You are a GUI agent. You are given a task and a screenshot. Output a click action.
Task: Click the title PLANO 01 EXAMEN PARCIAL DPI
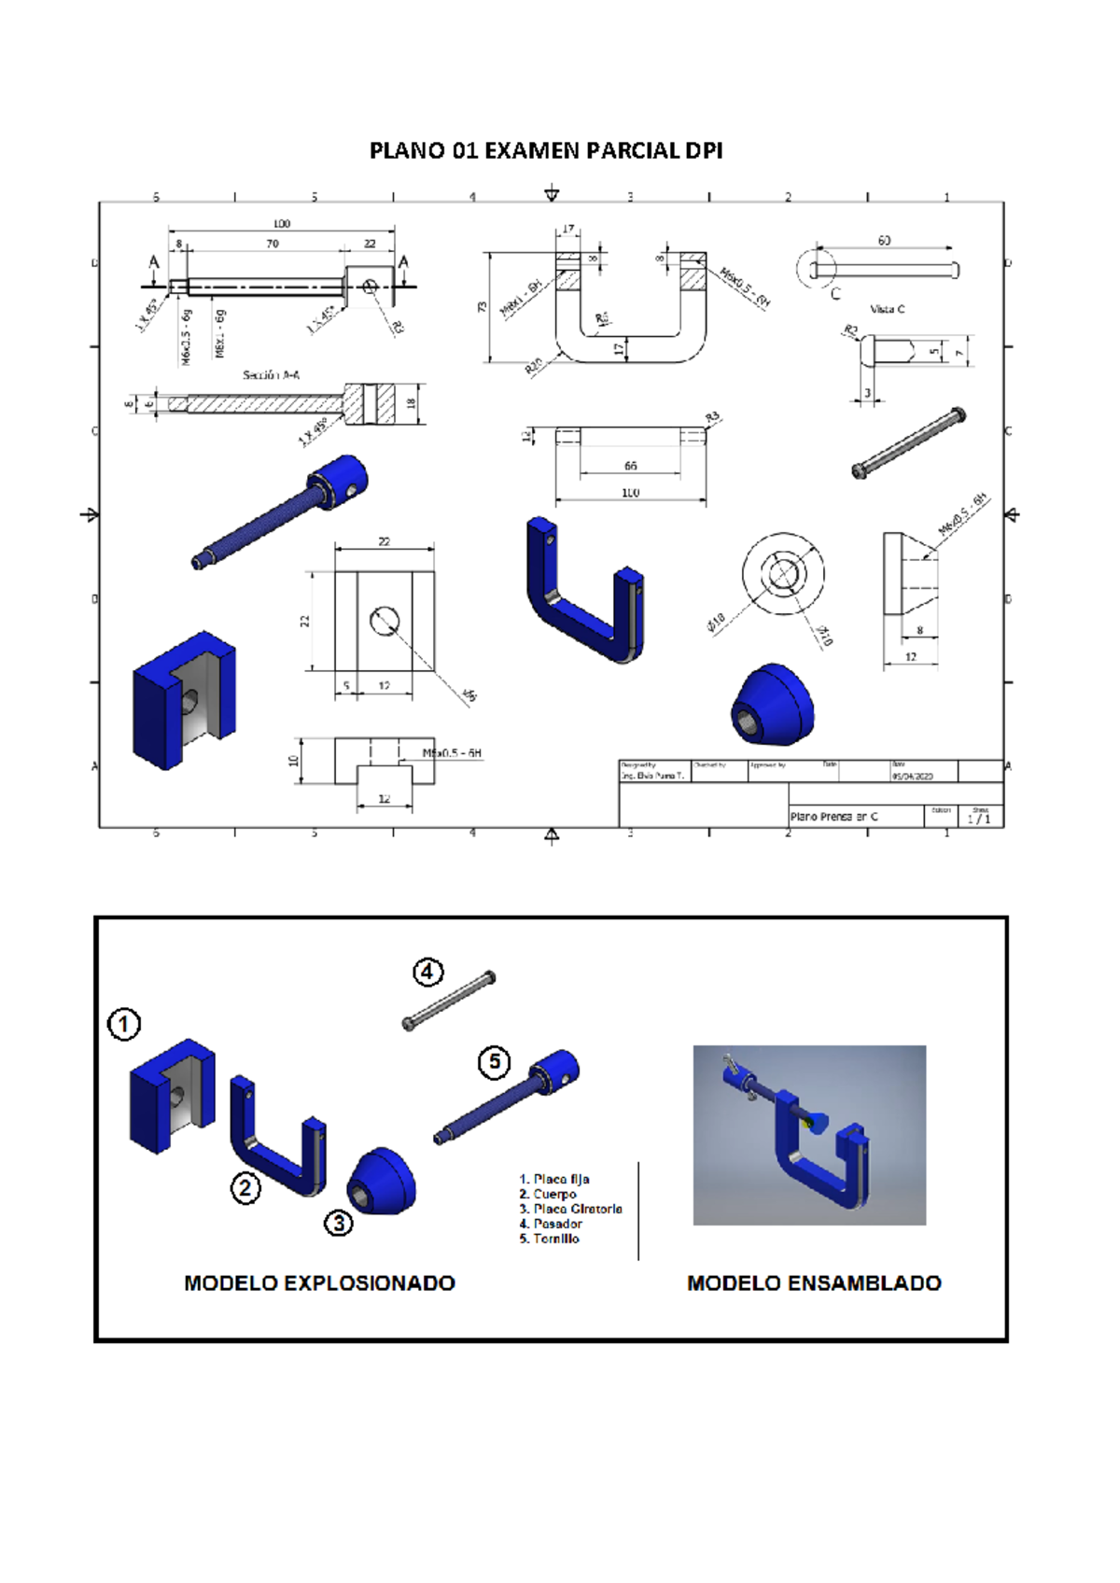[546, 150]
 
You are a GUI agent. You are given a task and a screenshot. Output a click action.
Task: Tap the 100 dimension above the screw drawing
[282, 223]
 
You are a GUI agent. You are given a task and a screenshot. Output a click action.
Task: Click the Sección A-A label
[271, 375]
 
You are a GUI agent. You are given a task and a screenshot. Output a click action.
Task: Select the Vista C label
[887, 309]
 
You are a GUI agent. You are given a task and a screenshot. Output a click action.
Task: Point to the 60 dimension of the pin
[884, 241]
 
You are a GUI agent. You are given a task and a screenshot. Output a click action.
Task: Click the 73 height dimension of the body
[483, 306]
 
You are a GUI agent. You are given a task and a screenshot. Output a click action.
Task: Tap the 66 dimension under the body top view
[631, 466]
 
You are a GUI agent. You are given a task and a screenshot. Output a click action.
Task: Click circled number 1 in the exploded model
[124, 1024]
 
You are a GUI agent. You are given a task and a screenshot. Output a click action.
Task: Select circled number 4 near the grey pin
[427, 973]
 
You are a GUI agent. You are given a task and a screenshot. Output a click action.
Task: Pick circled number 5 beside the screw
[495, 1062]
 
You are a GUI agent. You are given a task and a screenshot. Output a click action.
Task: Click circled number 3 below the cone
[339, 1222]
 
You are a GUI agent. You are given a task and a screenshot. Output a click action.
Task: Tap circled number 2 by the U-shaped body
[245, 1188]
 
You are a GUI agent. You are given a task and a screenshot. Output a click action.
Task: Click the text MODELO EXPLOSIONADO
[319, 1283]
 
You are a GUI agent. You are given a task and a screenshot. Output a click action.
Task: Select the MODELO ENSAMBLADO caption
[814, 1283]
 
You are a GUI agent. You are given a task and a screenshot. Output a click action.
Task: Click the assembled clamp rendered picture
[809, 1135]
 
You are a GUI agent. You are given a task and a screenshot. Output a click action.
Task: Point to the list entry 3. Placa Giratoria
[570, 1209]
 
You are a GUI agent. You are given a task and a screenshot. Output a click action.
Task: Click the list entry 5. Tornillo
[550, 1239]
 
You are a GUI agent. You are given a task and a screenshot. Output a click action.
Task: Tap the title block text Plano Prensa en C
[833, 817]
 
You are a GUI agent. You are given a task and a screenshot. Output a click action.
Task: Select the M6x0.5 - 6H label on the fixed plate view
[453, 753]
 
